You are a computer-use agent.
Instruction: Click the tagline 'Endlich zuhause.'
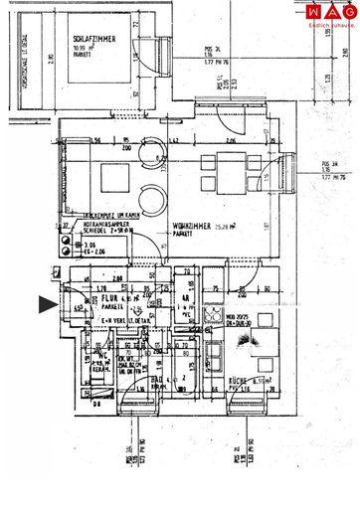[333, 24]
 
